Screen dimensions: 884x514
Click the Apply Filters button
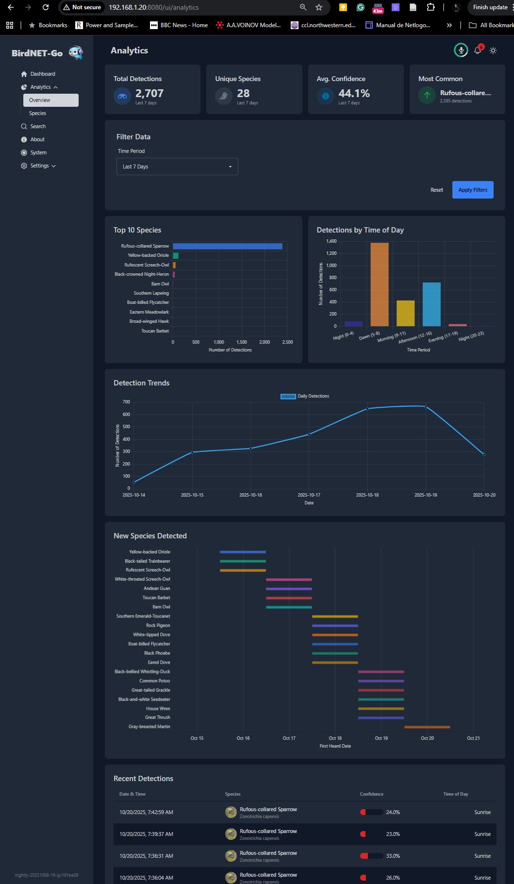point(473,190)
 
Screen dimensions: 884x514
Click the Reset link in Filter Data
point(436,190)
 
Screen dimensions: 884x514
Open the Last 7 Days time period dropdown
point(177,167)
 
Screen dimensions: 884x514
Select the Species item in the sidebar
point(37,113)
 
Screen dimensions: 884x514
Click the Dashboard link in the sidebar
point(43,74)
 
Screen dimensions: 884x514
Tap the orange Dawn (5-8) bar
point(380,284)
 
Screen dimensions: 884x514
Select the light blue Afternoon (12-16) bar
point(431,304)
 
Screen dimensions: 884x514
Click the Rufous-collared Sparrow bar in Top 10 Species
point(227,246)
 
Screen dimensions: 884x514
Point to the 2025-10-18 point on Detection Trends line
point(367,409)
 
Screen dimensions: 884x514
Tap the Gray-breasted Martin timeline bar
point(427,727)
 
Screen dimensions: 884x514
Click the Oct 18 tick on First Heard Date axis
point(335,738)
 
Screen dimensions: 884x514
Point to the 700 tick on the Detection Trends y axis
point(126,402)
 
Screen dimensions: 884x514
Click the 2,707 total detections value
point(149,93)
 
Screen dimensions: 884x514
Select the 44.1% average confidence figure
point(354,93)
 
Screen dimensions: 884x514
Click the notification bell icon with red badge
point(478,50)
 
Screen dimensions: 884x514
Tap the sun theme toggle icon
point(493,50)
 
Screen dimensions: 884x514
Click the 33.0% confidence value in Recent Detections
point(393,856)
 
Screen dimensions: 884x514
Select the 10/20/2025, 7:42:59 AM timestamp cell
point(146,812)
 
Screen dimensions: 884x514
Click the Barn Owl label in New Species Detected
point(161,607)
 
